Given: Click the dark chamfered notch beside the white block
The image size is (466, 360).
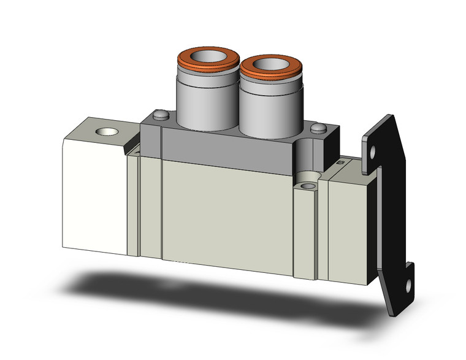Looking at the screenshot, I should click(134, 148).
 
